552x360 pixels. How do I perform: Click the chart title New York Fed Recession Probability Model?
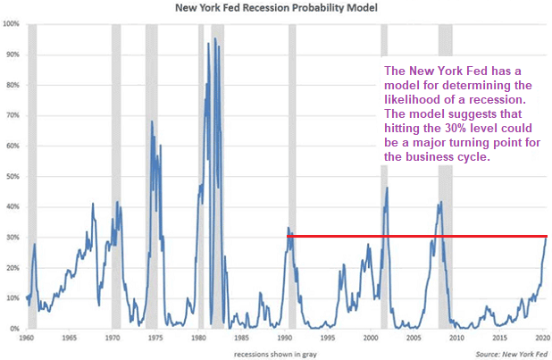point(276,8)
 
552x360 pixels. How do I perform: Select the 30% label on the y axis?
point(12,238)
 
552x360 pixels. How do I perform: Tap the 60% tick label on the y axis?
point(12,146)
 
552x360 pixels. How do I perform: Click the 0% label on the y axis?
point(13,329)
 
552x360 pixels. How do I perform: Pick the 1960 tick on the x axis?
point(28,339)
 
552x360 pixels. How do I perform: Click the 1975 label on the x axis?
point(155,339)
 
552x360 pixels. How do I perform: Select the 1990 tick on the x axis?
point(285,339)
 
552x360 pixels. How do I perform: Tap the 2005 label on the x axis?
point(414,339)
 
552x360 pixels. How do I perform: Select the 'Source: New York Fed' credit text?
point(508,354)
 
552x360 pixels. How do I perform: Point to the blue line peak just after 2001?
point(387,188)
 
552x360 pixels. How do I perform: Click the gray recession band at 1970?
point(116,179)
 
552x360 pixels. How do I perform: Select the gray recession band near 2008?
point(445,179)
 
